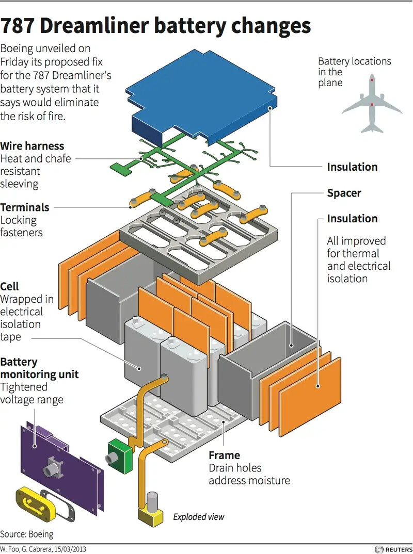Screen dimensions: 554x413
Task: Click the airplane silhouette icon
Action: coord(372,103)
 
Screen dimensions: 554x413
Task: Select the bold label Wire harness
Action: coord(32,146)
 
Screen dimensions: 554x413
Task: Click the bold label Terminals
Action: coord(25,207)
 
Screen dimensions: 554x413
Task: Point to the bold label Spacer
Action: coord(344,193)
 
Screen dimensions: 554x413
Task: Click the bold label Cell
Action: coord(10,286)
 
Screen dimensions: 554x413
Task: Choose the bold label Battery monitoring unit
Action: coord(39,368)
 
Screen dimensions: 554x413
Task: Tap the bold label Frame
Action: coord(224,455)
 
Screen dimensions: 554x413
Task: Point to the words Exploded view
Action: coord(199,516)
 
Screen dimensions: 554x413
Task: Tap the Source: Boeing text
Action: coord(27,534)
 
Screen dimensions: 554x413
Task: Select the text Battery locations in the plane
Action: coord(354,72)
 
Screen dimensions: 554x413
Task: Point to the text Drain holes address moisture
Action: coord(249,475)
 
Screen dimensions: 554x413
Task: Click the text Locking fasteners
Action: coord(21,226)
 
